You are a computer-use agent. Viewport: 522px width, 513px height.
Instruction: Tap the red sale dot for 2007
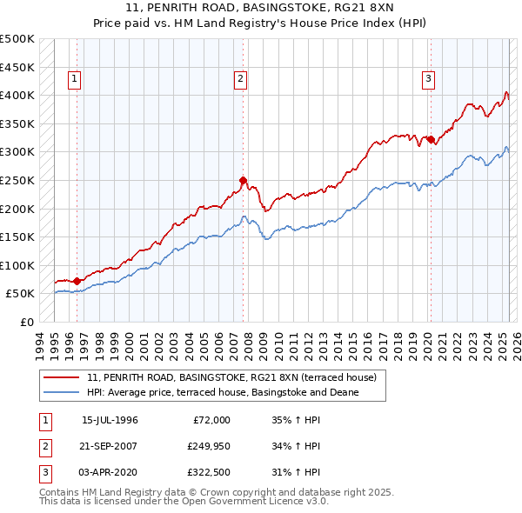[x=244, y=181]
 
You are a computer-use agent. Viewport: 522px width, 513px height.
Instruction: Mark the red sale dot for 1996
[x=77, y=281]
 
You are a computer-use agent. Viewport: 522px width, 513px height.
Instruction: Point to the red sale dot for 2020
[x=431, y=139]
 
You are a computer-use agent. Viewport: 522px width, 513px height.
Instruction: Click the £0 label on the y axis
[x=26, y=322]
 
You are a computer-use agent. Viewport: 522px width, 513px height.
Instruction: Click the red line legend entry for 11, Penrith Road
[x=231, y=378]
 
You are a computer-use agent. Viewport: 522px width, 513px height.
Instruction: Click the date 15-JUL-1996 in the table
[x=110, y=420]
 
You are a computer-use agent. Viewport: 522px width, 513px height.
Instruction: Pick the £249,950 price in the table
[x=209, y=447]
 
